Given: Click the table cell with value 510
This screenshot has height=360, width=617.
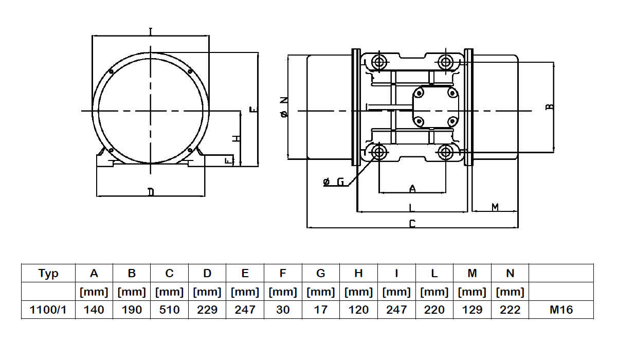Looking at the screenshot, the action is [169, 310].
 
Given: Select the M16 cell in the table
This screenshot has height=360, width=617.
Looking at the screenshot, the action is [561, 310].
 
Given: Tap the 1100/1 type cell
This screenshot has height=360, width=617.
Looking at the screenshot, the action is [48, 310].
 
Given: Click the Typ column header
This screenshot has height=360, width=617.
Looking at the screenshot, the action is [48, 273].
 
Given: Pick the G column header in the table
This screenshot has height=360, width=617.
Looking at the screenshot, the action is [321, 273].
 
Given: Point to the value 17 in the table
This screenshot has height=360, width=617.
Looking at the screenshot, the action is [321, 310].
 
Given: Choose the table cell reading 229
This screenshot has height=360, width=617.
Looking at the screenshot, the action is [207, 310].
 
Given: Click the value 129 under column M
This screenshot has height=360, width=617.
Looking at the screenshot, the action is [472, 310].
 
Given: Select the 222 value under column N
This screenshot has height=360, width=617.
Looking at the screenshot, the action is [510, 310].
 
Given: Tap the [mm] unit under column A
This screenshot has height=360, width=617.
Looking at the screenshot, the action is [94, 292].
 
